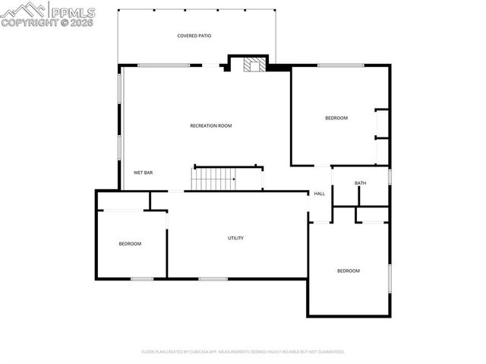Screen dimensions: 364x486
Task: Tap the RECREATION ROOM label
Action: [210, 125]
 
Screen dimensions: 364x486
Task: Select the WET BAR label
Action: [144, 173]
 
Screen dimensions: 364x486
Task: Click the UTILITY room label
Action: [235, 238]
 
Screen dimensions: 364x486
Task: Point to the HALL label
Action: [320, 194]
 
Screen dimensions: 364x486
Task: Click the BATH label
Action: [360, 183]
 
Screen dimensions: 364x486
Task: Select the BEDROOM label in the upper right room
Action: [336, 118]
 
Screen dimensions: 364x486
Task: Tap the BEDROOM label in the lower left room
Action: [130, 243]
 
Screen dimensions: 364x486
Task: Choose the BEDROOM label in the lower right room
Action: [349, 271]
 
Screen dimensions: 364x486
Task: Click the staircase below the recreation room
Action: [213, 179]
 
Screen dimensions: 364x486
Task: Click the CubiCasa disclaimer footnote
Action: [243, 352]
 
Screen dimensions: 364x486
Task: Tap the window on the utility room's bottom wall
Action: [213, 278]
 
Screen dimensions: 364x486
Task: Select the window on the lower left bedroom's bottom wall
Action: [142, 278]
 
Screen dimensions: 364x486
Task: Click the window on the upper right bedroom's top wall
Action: [340, 65]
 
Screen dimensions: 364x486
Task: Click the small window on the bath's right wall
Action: [390, 176]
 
